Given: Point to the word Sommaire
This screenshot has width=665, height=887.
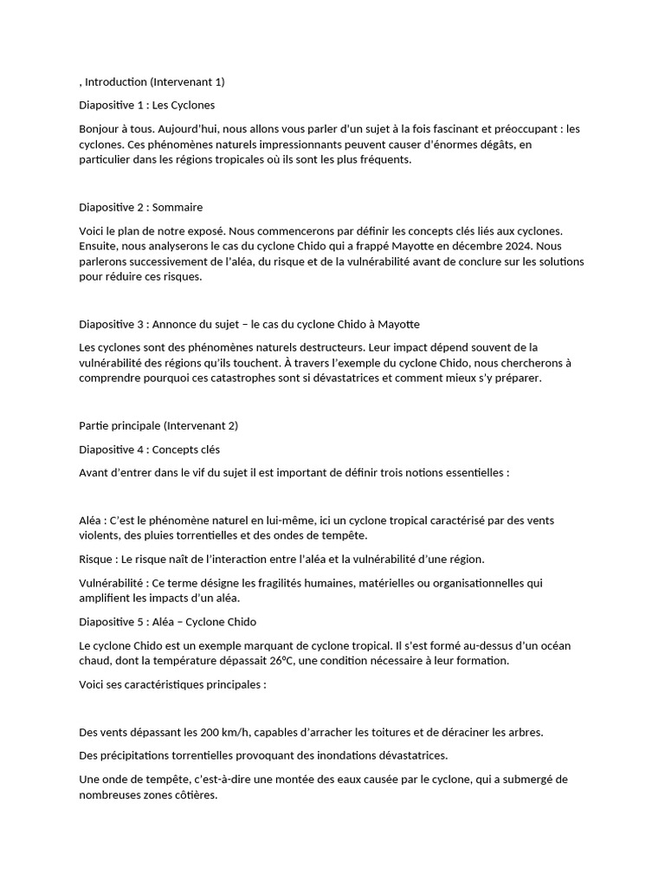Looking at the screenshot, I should tap(178, 207).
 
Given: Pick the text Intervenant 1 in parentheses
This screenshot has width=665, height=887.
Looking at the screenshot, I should tap(188, 81).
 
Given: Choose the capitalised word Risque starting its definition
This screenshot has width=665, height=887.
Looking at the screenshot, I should tap(95, 559).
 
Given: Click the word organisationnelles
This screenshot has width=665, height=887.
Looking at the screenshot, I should tap(477, 583).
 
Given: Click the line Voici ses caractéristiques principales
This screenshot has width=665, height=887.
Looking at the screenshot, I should tap(172, 684).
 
